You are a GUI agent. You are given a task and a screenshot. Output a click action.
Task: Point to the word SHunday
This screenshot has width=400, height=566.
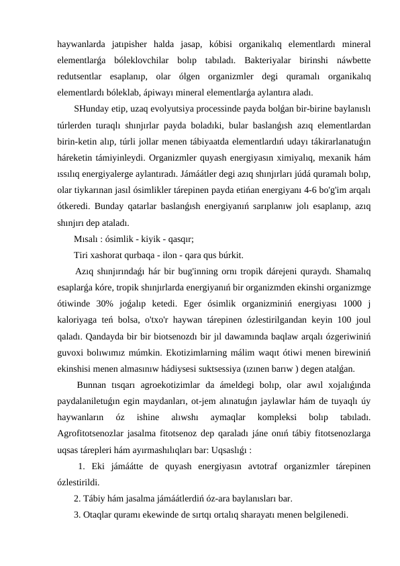(x=93, y=109)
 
